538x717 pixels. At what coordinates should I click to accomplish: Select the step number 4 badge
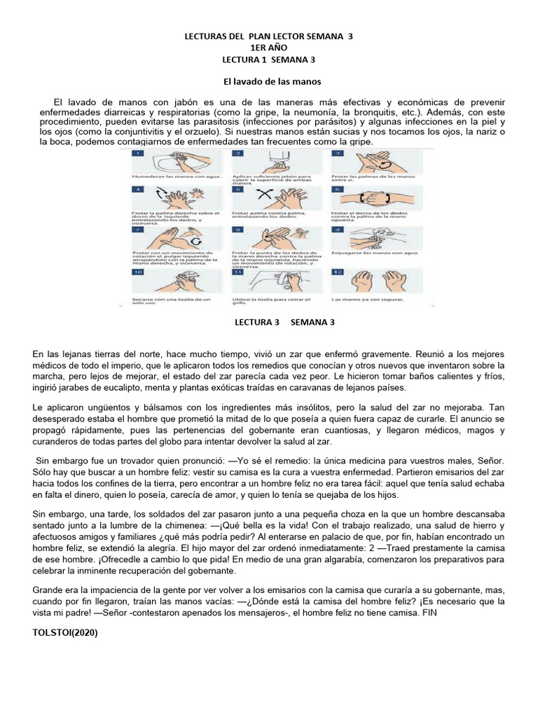click(139, 189)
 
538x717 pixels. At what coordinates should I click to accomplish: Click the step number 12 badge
click(338, 272)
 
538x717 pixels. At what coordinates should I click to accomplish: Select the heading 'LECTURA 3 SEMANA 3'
click(284, 323)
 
